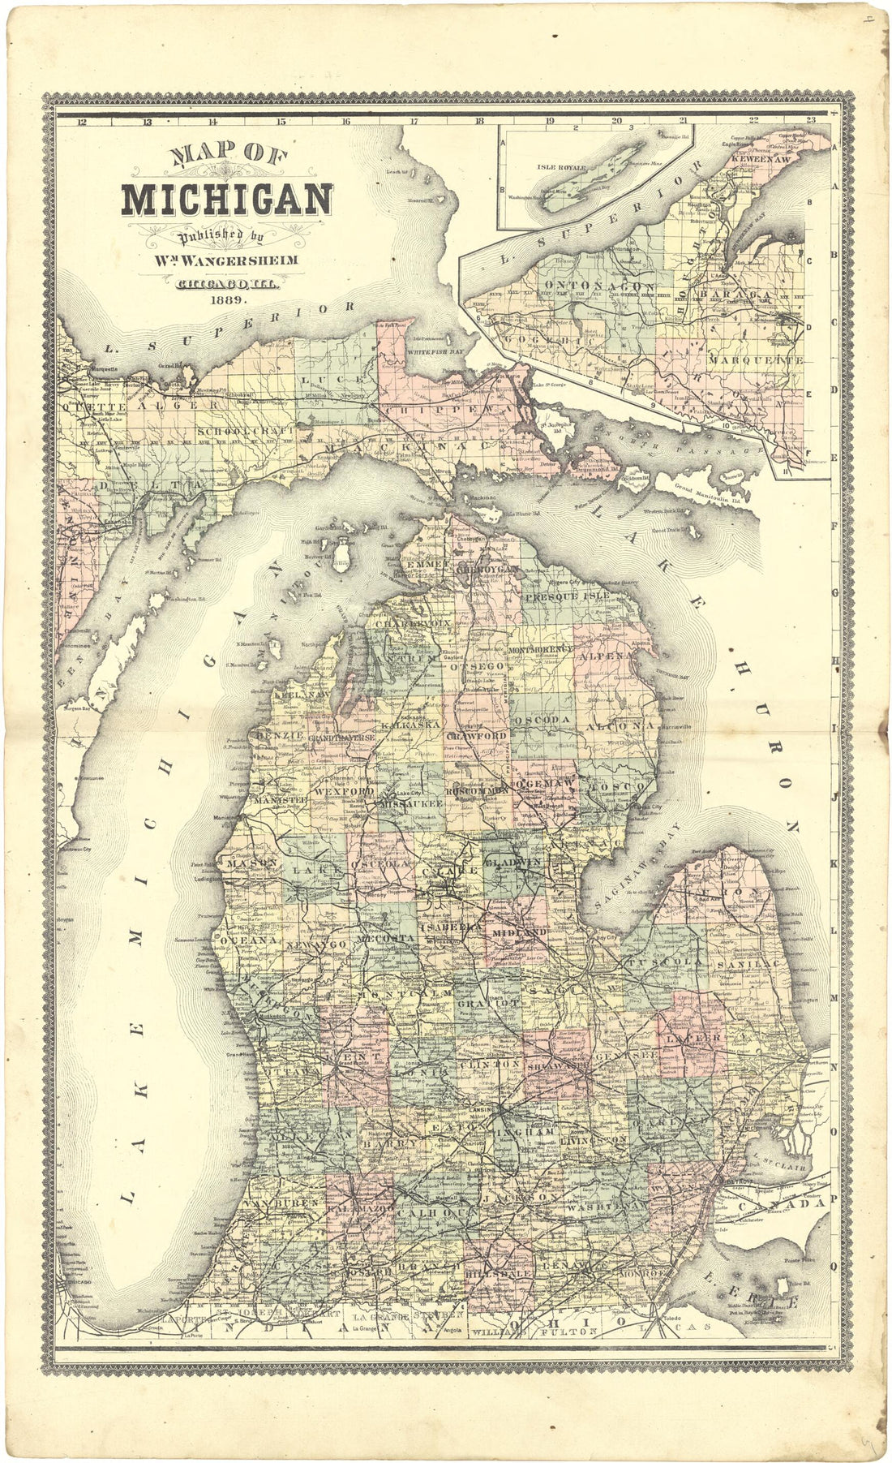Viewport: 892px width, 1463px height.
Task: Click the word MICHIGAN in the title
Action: click(x=227, y=200)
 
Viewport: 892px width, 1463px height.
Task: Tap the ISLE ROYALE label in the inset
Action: click(x=555, y=168)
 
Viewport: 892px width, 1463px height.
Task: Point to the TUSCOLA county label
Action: click(x=656, y=962)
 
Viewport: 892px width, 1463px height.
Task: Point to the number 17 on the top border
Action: click(x=413, y=123)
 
